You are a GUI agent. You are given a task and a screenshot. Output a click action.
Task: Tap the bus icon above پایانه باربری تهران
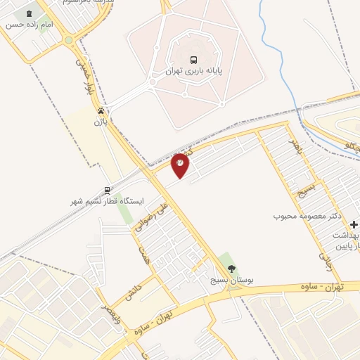pos(193,60)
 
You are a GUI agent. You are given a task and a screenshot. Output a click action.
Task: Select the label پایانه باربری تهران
pos(193,72)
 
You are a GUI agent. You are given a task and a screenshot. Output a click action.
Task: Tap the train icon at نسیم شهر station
pos(107,189)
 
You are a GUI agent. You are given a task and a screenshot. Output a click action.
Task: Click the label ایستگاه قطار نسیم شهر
pos(107,201)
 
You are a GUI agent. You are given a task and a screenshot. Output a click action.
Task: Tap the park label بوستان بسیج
pos(231,280)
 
